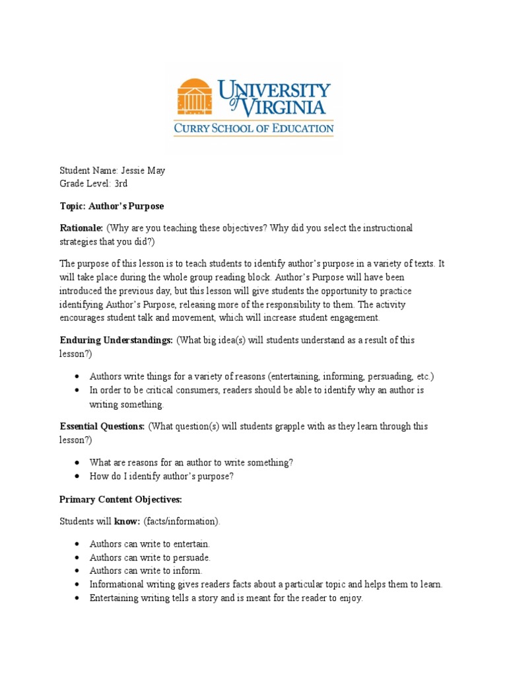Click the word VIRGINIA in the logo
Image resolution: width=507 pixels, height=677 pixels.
point(283,106)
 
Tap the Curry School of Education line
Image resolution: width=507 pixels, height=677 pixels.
point(253,128)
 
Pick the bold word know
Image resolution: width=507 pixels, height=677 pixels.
point(125,522)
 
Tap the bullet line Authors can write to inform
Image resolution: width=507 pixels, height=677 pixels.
point(146,571)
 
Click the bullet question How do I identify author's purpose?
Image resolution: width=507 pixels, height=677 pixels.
point(162,476)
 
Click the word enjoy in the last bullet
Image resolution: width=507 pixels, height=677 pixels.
point(350,598)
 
